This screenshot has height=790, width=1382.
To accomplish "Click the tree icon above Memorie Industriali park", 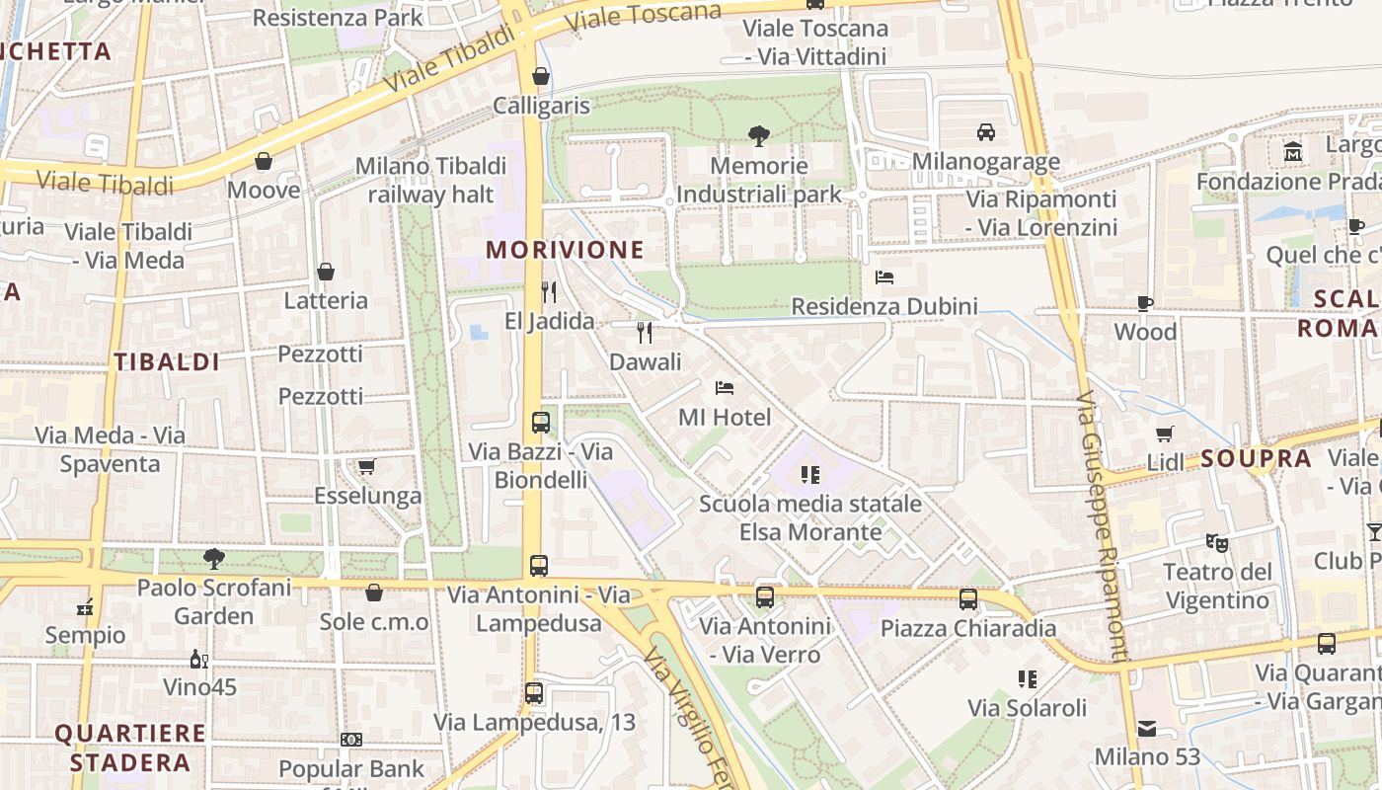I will pos(758,135).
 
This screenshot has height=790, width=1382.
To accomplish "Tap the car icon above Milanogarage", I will pos(985,131).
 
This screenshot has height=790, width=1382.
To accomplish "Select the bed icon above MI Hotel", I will pos(725,388).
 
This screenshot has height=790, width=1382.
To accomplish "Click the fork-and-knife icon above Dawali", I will pos(645,332).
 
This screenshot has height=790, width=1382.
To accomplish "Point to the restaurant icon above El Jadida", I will pos(549,291).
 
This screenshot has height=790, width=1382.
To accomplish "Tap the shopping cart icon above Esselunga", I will pos(366,466).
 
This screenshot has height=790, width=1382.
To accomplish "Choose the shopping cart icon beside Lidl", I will pos(1165,434).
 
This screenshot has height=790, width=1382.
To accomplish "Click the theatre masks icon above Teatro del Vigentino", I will pos(1216,542).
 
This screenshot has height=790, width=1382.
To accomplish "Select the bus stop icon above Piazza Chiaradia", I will pos(967,598).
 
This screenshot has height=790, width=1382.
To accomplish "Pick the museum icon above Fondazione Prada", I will pos(1293,152).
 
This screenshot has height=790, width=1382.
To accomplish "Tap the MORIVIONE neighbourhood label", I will pos(565,250).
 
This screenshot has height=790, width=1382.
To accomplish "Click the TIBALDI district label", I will pos(166,361).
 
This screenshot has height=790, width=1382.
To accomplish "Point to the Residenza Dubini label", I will pos(884,306).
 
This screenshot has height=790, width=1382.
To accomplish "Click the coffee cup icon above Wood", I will pos(1145,303).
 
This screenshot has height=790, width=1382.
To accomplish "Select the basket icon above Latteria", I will pos(326,272).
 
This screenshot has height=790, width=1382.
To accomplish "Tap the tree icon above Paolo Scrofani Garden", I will pos(213,559).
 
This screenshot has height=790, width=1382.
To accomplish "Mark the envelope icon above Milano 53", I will pos(1147,729).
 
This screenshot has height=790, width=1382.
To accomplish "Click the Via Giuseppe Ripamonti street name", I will pos(1102,523).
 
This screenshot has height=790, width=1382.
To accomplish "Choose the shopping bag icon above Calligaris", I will pos(541,76).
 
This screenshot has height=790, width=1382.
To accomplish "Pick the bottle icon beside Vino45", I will pos(198,659).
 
